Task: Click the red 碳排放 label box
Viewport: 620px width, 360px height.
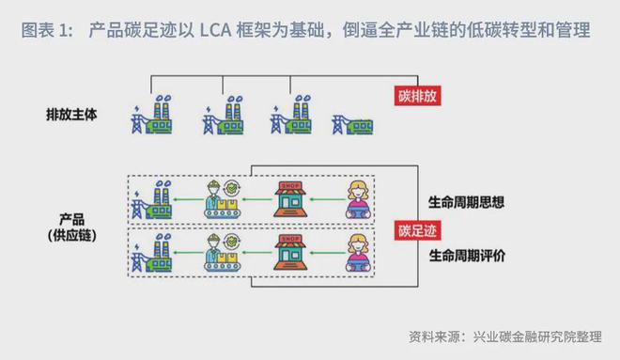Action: [417, 95]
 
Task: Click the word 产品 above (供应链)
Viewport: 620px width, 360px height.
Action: [71, 216]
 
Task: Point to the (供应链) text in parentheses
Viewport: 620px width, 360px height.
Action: [71, 233]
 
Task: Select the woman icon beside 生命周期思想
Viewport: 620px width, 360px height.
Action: [363, 199]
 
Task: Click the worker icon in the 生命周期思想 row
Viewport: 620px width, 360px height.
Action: [222, 199]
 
